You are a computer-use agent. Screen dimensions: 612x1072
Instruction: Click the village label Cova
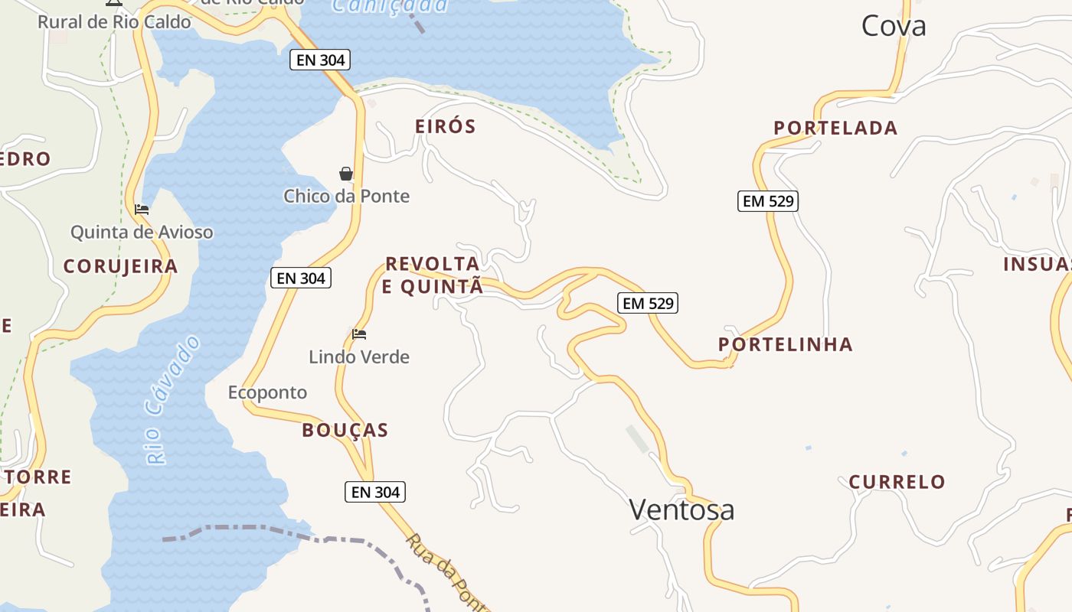894,26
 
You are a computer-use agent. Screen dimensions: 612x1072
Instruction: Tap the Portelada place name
835,128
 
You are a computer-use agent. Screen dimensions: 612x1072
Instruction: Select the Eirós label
446,126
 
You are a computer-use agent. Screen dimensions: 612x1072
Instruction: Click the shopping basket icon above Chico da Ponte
346,174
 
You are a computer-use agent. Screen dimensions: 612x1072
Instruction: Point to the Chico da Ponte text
346,196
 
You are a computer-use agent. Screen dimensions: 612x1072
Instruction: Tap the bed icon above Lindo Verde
359,334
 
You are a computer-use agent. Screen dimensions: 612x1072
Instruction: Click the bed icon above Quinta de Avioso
142,209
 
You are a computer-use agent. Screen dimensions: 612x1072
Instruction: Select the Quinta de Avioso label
142,232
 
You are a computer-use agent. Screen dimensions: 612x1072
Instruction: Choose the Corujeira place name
120,266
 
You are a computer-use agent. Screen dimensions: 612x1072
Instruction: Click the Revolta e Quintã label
433,275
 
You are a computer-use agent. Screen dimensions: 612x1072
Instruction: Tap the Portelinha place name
786,344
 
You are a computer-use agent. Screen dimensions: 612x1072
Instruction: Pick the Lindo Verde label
359,356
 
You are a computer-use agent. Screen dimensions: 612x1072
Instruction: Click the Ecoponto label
267,392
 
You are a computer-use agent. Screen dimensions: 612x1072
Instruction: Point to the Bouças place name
345,430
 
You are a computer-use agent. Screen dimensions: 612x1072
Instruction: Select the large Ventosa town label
681,509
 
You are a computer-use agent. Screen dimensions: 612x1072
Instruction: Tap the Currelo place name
897,482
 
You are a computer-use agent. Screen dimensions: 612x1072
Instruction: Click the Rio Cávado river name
173,399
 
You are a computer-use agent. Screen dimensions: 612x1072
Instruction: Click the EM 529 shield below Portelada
768,201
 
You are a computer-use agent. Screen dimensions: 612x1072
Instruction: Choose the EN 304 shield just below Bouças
375,492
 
